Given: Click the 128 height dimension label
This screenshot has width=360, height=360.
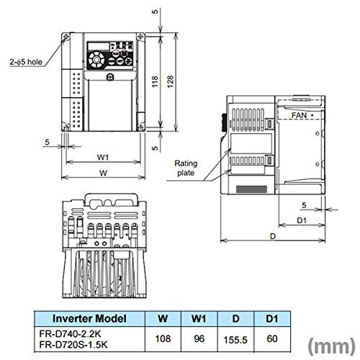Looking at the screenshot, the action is click(170, 81).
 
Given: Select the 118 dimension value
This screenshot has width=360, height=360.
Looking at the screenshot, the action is click(155, 81).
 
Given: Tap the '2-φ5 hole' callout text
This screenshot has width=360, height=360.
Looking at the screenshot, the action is click(26, 62).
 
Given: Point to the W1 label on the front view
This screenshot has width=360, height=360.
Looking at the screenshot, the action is click(103, 157).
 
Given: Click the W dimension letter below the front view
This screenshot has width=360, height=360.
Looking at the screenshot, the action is click(103, 173).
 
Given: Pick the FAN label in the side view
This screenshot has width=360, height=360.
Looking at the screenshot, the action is click(299, 115).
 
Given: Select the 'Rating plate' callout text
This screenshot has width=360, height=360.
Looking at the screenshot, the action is click(186, 168).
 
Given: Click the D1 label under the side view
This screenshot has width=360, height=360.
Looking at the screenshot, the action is click(302, 220).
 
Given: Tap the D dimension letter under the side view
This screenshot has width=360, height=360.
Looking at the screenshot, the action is click(273, 236).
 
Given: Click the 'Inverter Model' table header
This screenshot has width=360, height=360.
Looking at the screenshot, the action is click(89, 318).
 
